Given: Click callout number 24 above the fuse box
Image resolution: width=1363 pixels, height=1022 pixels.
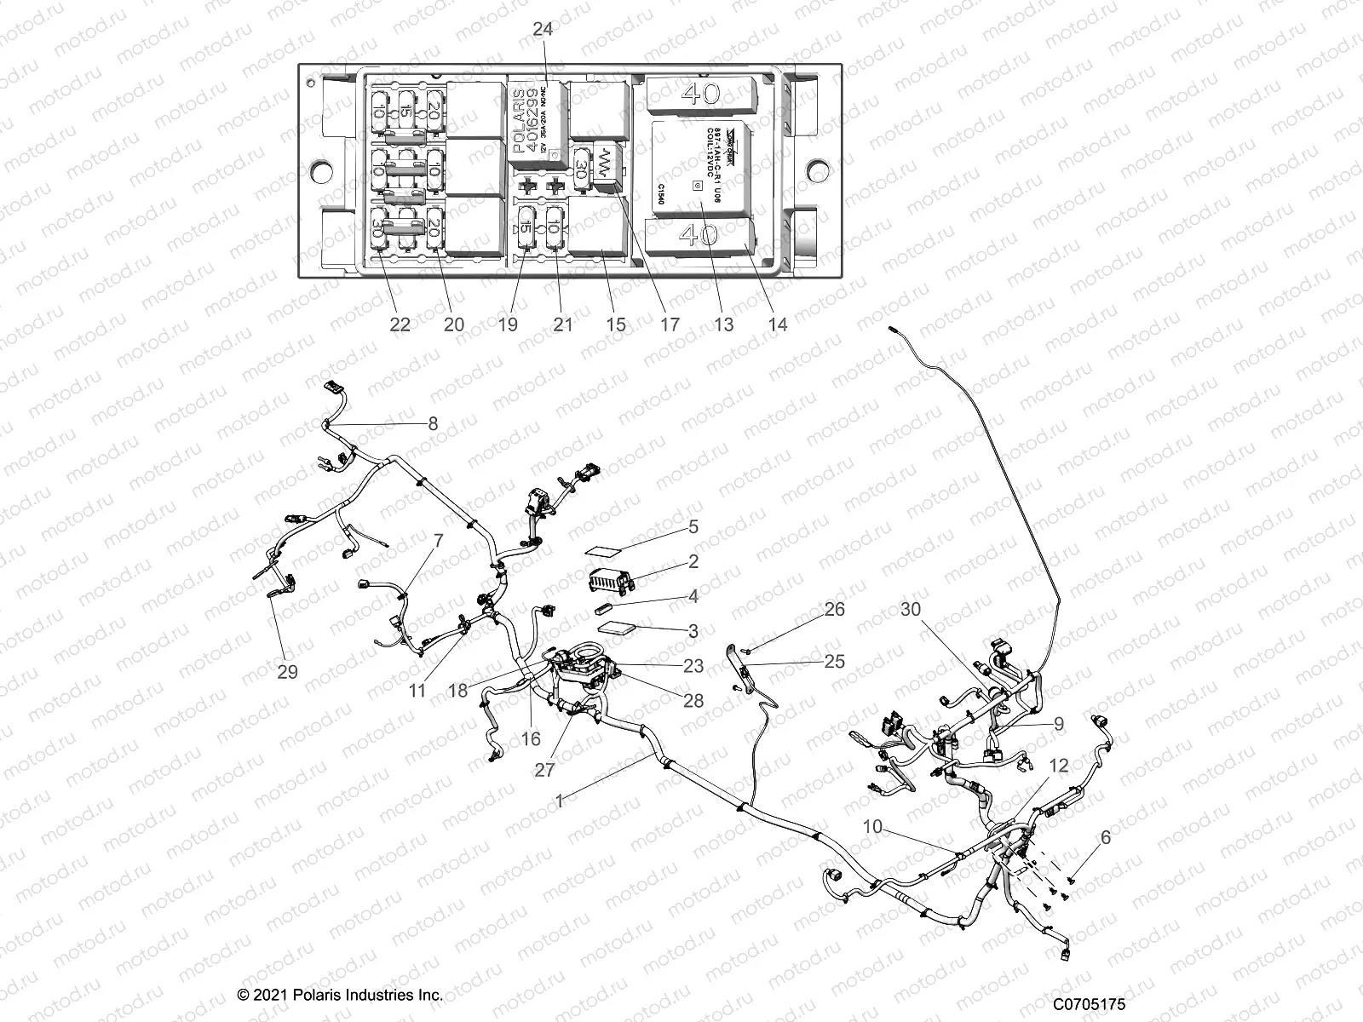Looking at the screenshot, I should [542, 29].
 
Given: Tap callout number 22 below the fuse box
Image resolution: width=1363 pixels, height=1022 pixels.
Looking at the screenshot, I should [400, 324].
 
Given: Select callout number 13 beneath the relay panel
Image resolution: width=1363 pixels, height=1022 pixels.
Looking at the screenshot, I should [723, 324].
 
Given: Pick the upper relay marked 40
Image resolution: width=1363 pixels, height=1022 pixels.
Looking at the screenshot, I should [700, 95].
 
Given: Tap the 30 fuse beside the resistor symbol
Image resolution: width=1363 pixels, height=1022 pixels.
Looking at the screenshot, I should [582, 164].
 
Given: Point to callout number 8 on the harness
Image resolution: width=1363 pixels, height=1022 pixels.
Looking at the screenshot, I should [433, 423].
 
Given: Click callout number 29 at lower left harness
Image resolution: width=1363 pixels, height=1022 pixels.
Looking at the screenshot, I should [288, 671].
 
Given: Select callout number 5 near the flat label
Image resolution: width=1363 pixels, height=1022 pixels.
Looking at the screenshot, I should [693, 527].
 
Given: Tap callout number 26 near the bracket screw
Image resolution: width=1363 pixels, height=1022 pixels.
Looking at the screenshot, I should [834, 609].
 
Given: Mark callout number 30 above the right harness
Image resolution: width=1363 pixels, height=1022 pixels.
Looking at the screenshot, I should [911, 609].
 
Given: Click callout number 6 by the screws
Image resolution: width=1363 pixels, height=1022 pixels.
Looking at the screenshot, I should [1105, 837].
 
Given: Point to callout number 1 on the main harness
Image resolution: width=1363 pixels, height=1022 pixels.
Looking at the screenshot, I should [559, 801].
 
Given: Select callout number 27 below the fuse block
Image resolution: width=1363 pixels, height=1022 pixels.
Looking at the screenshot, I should [544, 770].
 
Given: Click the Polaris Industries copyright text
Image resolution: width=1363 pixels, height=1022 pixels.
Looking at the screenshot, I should [340, 994].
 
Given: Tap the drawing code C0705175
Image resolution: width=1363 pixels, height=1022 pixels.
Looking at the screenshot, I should [1088, 1005].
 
